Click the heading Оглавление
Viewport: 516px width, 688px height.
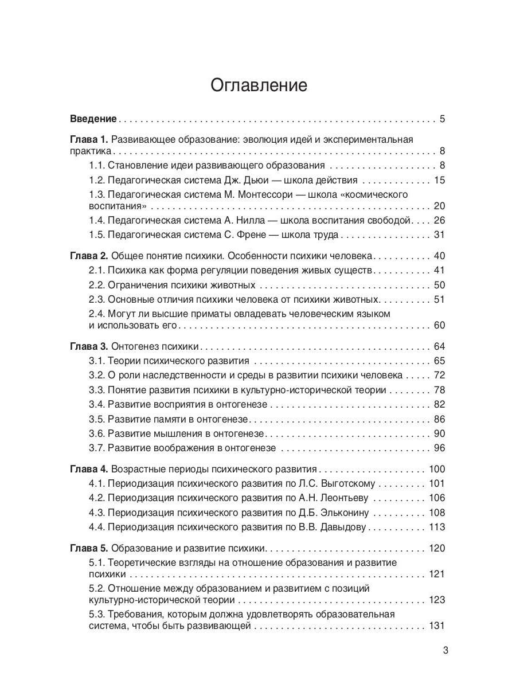(x=259, y=85)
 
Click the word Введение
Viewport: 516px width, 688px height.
(x=93, y=119)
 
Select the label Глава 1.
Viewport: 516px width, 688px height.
(x=88, y=139)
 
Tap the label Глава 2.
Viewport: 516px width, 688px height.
(x=88, y=256)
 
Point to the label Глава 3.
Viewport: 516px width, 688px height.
(x=88, y=346)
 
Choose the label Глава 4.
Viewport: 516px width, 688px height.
(x=88, y=468)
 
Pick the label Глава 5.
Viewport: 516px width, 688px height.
(x=88, y=548)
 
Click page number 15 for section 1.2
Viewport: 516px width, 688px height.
(x=439, y=180)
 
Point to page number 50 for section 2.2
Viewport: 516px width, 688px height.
(x=439, y=285)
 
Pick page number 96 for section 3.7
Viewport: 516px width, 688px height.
(x=439, y=448)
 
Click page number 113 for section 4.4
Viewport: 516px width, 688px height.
(x=436, y=527)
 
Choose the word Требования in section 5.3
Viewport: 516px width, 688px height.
(x=134, y=614)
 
